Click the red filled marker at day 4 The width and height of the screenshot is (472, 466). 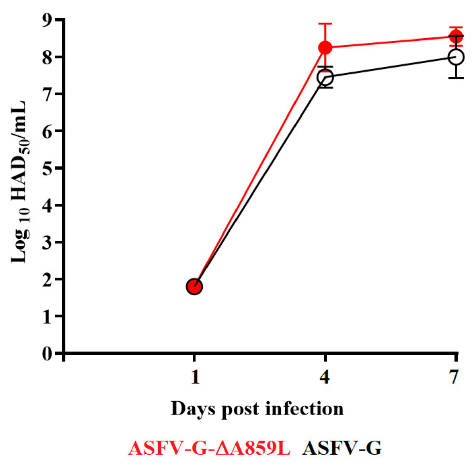pyautogui.click(x=325, y=47)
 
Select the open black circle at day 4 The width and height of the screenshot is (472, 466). pyautogui.click(x=325, y=77)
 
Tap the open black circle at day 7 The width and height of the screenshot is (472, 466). pyautogui.click(x=456, y=57)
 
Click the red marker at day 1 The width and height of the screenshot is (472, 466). pyautogui.click(x=194, y=286)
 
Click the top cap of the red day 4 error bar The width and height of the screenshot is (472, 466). pyautogui.click(x=325, y=24)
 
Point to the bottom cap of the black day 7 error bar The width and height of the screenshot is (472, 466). pyautogui.click(x=456, y=78)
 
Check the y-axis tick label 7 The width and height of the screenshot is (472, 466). pyautogui.click(x=47, y=94)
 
